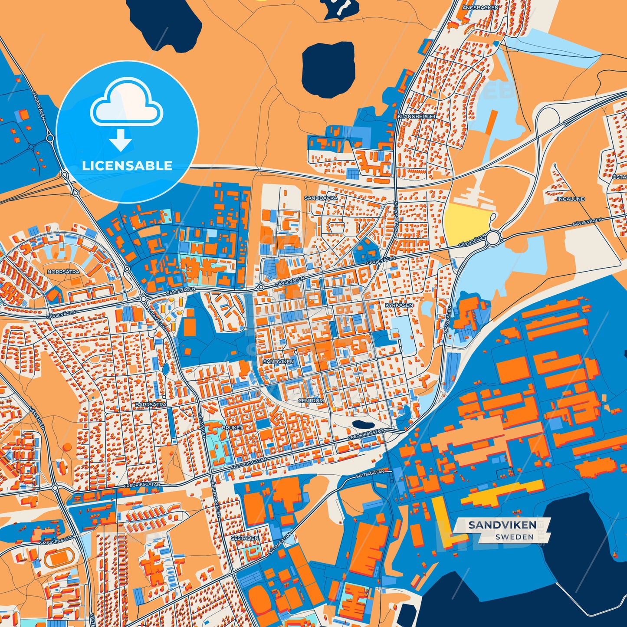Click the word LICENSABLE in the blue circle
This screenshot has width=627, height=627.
click(127, 166)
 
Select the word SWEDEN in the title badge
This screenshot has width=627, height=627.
click(514, 537)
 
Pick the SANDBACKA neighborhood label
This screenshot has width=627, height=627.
click(321, 198)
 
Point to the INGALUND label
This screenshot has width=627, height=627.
click(571, 199)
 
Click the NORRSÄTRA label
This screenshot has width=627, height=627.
click(63, 272)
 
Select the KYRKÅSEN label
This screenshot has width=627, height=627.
click(399, 305)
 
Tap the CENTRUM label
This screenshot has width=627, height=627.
click(311, 400)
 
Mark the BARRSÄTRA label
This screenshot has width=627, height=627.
click(151, 404)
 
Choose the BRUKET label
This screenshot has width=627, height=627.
click(232, 428)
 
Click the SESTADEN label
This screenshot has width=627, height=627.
click(244, 538)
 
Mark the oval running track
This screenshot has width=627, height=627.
click(57, 559)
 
